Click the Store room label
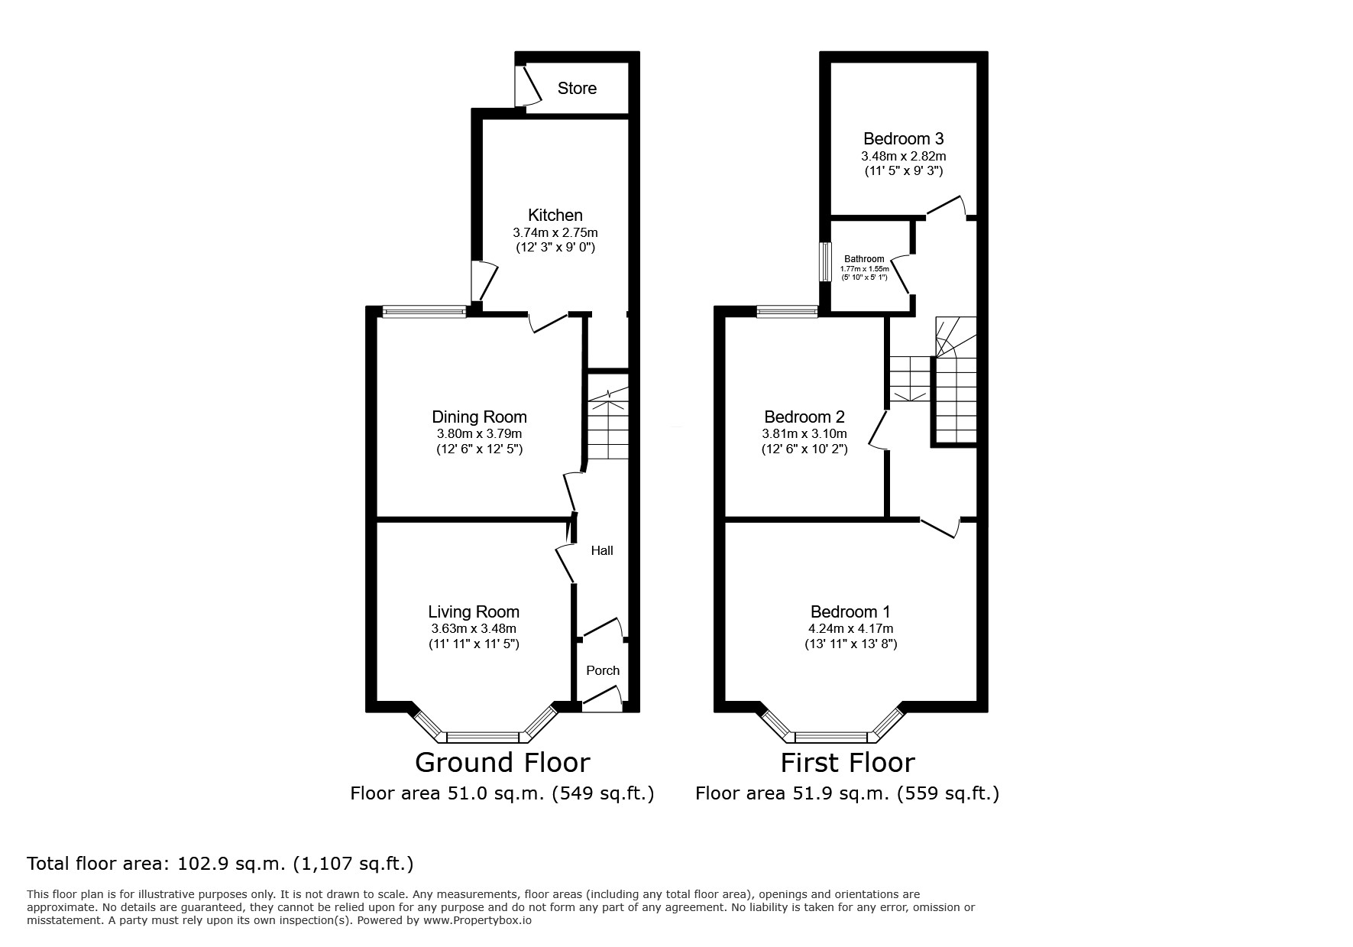(x=577, y=89)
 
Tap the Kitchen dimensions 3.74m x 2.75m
(x=555, y=232)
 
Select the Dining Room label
(x=479, y=417)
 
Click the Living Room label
(x=474, y=611)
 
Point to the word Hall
(x=602, y=550)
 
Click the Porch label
(x=602, y=670)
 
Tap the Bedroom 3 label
(x=903, y=138)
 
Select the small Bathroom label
(x=864, y=259)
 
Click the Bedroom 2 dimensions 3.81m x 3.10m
(x=804, y=434)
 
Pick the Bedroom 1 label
(x=850, y=611)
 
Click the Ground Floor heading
(x=502, y=762)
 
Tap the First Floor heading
(x=846, y=762)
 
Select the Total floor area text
(x=220, y=864)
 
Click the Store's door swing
(x=527, y=86)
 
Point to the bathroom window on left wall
(x=824, y=263)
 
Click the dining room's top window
(x=424, y=311)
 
